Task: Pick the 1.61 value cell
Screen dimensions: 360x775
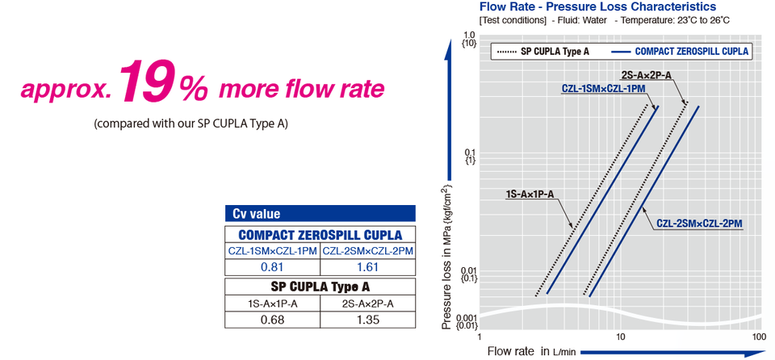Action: [367, 266]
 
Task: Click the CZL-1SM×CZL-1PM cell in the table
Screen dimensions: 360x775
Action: [272, 251]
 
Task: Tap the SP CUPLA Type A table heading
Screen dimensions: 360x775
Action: [320, 286]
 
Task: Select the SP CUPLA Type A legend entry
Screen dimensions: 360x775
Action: [543, 51]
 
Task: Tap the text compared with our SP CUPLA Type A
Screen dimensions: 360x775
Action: [191, 123]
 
